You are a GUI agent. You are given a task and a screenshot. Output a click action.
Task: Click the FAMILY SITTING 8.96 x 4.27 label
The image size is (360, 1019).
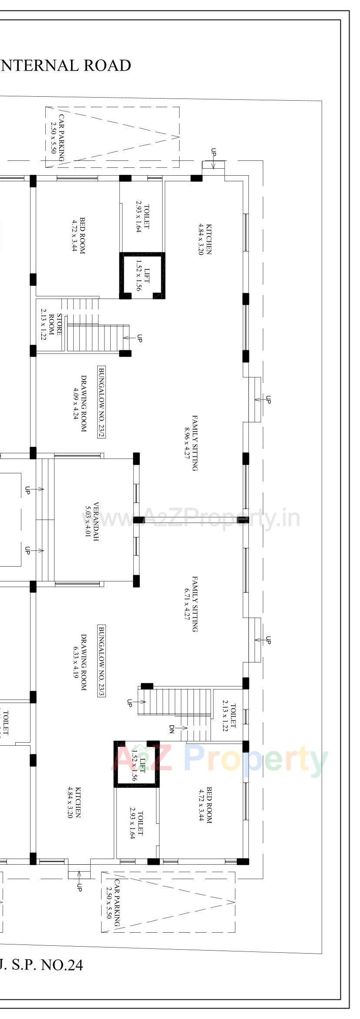coord(191,443)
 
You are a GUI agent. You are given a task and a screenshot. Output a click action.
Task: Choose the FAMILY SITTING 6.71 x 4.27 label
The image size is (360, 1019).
coord(191,604)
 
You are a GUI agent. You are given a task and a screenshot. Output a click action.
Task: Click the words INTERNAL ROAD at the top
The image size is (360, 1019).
coord(65,65)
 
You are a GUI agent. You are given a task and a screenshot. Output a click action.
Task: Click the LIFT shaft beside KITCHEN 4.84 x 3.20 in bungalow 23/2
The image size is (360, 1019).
coord(143,275)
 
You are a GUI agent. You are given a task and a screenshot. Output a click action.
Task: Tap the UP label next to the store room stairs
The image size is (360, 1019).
coord(139,338)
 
